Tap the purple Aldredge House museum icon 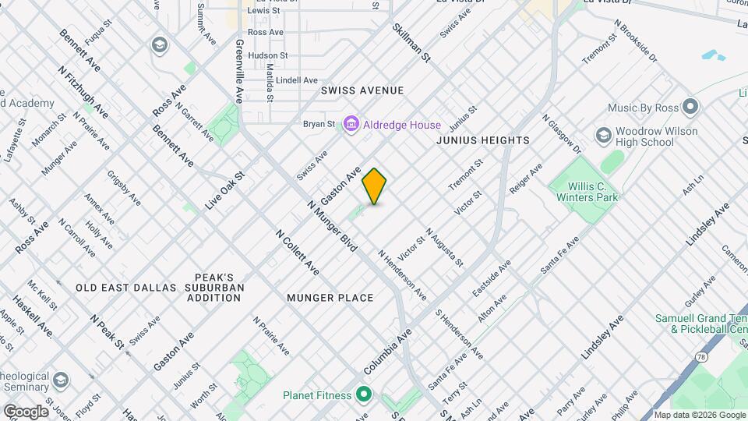[x=351, y=125]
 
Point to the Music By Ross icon [x=690, y=107]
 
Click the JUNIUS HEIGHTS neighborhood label [x=483, y=140]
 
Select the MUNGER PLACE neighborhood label [x=330, y=298]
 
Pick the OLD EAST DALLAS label [x=126, y=288]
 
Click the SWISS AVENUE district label [x=362, y=90]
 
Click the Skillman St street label [x=412, y=43]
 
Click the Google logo [x=26, y=411]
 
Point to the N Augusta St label [x=445, y=247]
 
